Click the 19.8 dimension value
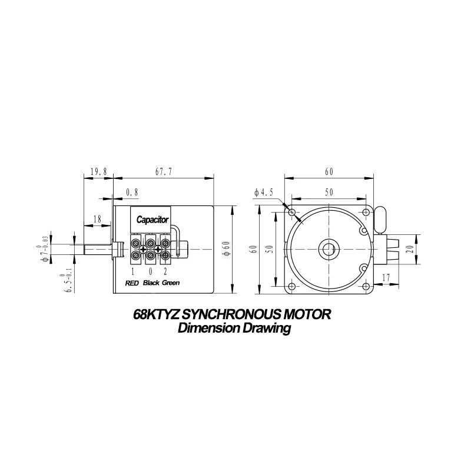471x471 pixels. (x=98, y=172)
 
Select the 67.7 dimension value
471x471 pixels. (x=163, y=172)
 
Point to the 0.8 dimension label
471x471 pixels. (x=132, y=192)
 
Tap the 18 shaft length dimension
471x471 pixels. (x=98, y=218)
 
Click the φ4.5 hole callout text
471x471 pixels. (x=264, y=192)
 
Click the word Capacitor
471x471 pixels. (x=152, y=220)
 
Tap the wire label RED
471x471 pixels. (x=132, y=283)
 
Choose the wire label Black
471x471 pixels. (x=151, y=283)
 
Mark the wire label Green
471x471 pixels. (x=171, y=283)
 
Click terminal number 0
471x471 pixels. (x=151, y=271)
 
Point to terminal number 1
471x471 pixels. (x=134, y=271)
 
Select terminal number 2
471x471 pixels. (x=165, y=271)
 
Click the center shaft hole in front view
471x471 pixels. (x=327, y=249)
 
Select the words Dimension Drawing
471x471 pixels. (x=234, y=329)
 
